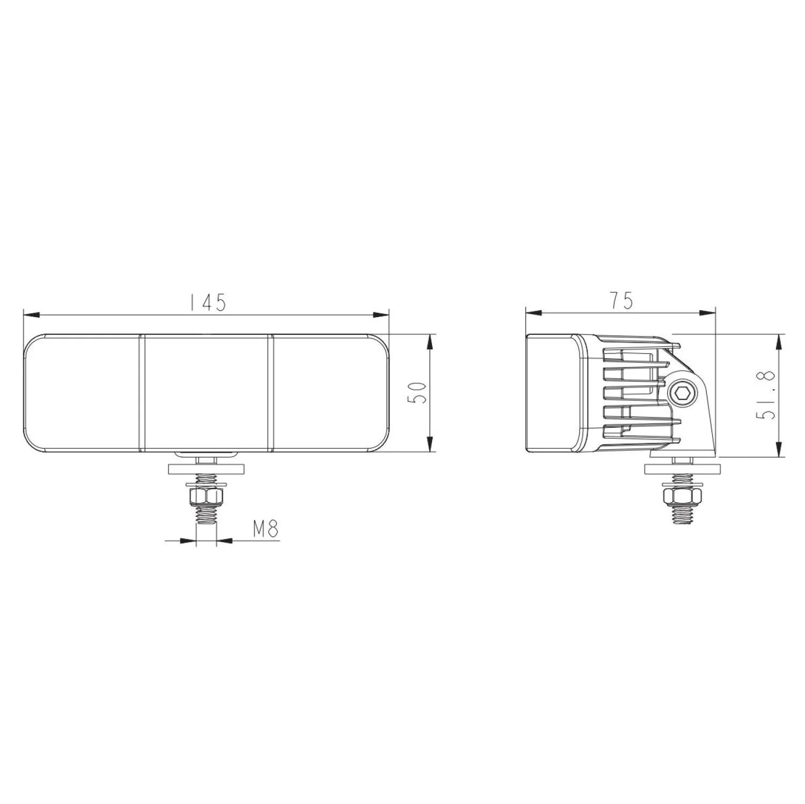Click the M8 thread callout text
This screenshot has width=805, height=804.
[266, 529]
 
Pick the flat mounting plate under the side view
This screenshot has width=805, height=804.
[681, 468]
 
